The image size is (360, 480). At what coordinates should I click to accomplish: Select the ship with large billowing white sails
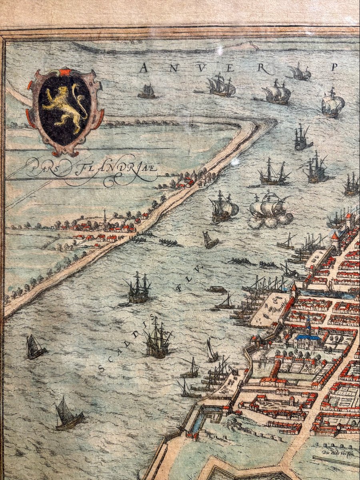[270, 210]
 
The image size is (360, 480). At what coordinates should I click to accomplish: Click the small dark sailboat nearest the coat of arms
[147, 92]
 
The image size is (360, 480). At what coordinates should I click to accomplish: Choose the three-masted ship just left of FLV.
[138, 288]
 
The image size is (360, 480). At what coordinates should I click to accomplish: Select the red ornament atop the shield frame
[64, 72]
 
